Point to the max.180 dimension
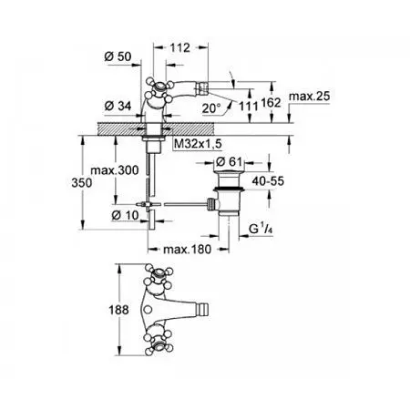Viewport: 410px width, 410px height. tap(183, 250)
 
